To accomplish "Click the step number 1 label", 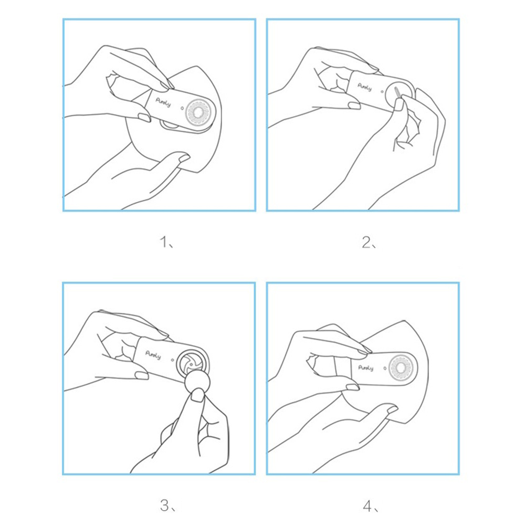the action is click(166, 242).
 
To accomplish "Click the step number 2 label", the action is click(369, 242).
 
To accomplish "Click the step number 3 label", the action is click(168, 506).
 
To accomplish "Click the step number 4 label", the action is click(371, 506).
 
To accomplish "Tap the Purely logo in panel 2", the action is click(365, 87).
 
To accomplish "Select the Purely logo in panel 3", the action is click(153, 355).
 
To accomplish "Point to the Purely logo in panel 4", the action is click(366, 368).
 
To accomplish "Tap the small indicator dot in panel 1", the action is click(182, 108).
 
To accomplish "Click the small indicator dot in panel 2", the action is click(382, 91).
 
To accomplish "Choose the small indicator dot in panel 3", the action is click(172, 360).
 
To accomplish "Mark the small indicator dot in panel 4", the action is click(385, 369).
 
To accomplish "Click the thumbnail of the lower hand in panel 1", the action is click(184, 157).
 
